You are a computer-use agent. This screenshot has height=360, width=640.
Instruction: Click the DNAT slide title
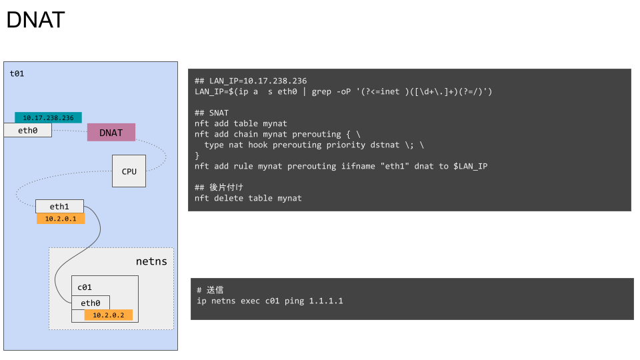(x=35, y=20)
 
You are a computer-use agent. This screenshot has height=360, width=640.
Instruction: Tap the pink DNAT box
(x=111, y=132)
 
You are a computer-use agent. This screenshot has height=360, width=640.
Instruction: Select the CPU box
(x=129, y=171)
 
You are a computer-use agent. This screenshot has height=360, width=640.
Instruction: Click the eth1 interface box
(x=59, y=207)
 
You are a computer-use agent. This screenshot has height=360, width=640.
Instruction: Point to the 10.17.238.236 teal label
(x=48, y=118)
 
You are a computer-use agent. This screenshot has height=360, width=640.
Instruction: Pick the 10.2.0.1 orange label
(x=61, y=219)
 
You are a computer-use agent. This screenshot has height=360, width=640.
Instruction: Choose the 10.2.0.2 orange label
(x=108, y=315)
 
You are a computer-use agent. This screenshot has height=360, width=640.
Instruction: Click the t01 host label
(x=17, y=73)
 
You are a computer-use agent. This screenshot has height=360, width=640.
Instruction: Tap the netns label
(x=151, y=261)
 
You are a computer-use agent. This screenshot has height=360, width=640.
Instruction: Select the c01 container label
(x=84, y=287)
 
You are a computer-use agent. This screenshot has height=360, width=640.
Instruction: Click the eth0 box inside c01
(x=90, y=303)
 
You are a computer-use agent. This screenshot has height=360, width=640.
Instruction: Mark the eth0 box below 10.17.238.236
(x=27, y=131)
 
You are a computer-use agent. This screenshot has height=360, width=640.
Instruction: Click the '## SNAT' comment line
(x=211, y=113)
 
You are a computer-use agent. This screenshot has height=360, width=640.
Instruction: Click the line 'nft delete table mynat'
(x=248, y=198)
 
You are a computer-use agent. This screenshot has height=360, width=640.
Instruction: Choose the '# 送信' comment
(x=210, y=290)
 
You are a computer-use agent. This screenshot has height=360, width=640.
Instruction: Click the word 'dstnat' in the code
(x=381, y=145)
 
